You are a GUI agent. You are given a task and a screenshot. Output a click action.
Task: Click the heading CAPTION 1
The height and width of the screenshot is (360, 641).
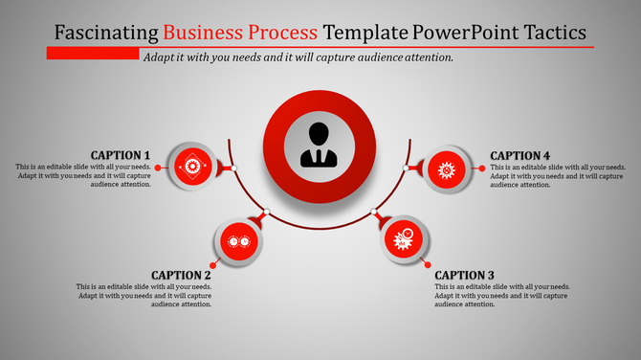[x=121, y=155]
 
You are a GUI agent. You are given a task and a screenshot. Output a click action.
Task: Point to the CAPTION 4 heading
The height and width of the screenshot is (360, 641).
[x=519, y=155]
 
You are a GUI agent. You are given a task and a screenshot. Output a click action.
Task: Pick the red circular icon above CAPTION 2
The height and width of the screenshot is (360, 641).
[x=236, y=242]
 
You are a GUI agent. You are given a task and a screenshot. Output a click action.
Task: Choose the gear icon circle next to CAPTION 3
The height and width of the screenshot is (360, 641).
[x=403, y=239]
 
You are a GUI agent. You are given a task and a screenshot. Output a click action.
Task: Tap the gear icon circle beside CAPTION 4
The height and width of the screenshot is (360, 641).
[x=445, y=169]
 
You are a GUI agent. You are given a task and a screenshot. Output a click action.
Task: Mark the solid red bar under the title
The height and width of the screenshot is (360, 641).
[x=92, y=54]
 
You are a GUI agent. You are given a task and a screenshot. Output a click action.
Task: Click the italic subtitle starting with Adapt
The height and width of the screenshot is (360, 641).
[x=298, y=57]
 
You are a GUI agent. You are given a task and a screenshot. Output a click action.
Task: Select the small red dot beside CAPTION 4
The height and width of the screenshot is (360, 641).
[x=480, y=168]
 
